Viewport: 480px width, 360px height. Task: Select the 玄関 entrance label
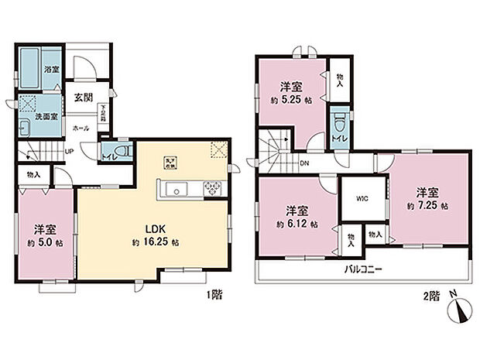point(83,98)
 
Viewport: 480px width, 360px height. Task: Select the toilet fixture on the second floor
point(338,124)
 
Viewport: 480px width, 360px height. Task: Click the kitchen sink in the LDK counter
point(175,188)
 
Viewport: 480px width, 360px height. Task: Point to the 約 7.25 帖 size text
point(427,206)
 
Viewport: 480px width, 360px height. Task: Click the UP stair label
point(70,151)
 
